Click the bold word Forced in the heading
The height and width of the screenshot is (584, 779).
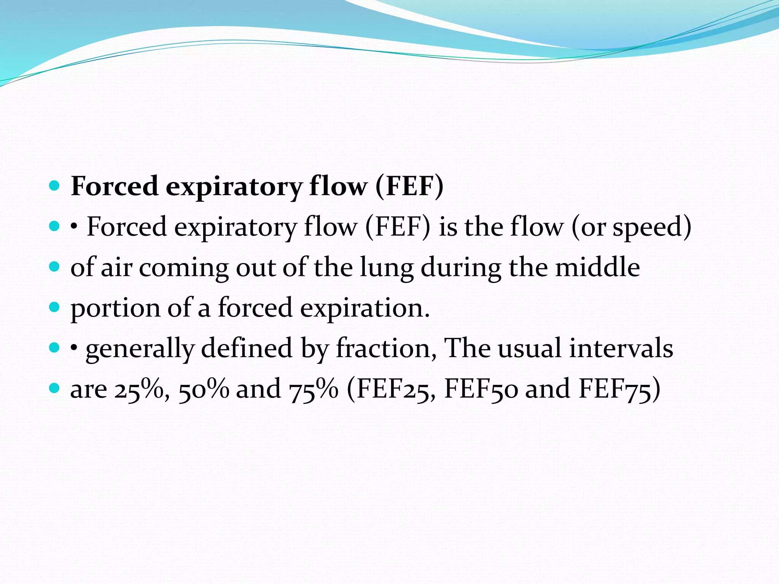tap(114, 186)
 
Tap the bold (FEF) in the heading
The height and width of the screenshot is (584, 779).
tap(409, 186)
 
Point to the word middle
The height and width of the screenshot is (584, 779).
tap(597, 268)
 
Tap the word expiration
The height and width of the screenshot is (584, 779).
tap(365, 308)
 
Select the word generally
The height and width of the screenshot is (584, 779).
tap(140, 349)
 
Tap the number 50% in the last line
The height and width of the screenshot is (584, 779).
tap(203, 389)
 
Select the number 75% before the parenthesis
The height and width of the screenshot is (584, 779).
tap(313, 389)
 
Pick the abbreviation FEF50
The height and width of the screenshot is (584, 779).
tap(481, 389)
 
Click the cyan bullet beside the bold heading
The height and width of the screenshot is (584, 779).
tap(55, 186)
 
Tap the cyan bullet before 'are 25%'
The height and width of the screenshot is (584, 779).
tap(55, 388)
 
